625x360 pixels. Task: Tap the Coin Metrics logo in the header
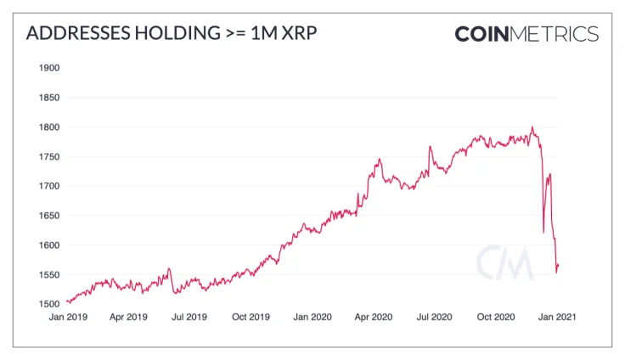click(x=526, y=34)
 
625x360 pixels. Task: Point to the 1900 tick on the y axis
click(x=49, y=68)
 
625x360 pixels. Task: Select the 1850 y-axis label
click(x=49, y=98)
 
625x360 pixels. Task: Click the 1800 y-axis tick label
click(x=49, y=127)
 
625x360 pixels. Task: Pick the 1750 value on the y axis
click(x=49, y=157)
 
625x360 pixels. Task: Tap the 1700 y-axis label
click(x=49, y=186)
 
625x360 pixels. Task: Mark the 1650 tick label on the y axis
click(x=49, y=216)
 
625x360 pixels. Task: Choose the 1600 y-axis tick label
click(x=49, y=245)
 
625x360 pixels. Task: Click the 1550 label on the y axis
click(x=49, y=275)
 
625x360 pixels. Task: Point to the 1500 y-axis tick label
click(x=49, y=304)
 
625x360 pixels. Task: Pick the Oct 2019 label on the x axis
click(x=251, y=317)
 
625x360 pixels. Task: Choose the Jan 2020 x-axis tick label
click(x=312, y=317)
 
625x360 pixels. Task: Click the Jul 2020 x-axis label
click(x=435, y=317)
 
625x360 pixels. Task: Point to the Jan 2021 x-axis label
click(x=559, y=317)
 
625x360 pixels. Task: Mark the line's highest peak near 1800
click(x=532, y=128)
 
